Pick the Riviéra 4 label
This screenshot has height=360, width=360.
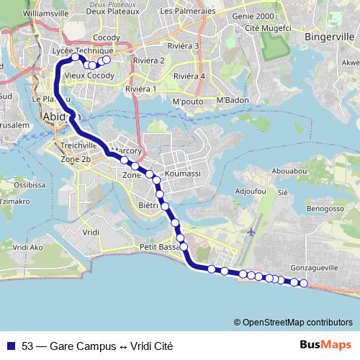click(189, 76)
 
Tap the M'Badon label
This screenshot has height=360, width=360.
click(233, 99)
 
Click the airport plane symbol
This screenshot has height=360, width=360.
click(251, 232)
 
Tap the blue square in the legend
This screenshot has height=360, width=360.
click(10, 346)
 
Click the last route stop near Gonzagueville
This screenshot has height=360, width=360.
click(303, 283)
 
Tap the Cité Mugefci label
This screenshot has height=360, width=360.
click(264, 27)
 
